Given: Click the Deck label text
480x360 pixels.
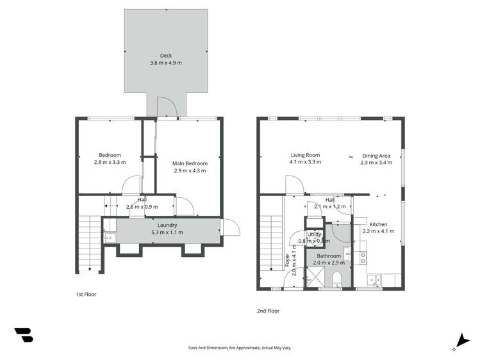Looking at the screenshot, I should click(x=165, y=56).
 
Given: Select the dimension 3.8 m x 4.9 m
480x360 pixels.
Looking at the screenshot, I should click(x=165, y=63).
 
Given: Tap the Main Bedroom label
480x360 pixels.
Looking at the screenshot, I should click(x=190, y=163).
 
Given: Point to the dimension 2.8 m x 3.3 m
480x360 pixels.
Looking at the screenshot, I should click(x=110, y=162).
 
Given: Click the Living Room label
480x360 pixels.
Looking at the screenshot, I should click(x=305, y=155).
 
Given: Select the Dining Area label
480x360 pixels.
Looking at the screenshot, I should click(x=376, y=155).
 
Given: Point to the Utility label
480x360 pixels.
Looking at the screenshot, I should click(x=314, y=234).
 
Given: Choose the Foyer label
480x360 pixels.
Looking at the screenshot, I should click(x=287, y=260).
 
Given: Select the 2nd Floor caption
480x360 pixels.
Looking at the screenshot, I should click(x=268, y=311).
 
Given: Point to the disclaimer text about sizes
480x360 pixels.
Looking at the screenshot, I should click(x=240, y=347).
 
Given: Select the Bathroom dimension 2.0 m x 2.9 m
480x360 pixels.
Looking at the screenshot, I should click(x=329, y=263).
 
